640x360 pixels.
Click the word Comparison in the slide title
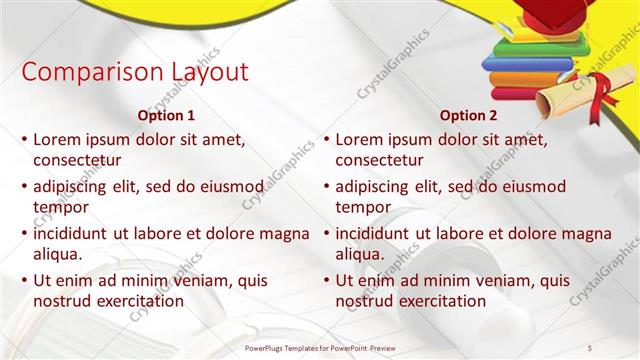pos(80,73)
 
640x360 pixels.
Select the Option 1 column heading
pos(166,115)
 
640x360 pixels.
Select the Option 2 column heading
pos(468,115)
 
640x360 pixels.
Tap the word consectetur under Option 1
pos(77,160)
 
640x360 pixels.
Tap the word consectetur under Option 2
pos(379,160)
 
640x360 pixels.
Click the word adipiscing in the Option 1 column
pos(75,186)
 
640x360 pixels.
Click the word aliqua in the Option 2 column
pos(361,254)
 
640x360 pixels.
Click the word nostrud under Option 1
pos(62,300)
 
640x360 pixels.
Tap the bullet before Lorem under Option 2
pos(326,140)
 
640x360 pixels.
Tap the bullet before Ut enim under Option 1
pos(24,281)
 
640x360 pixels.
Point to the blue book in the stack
pos(525,64)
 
